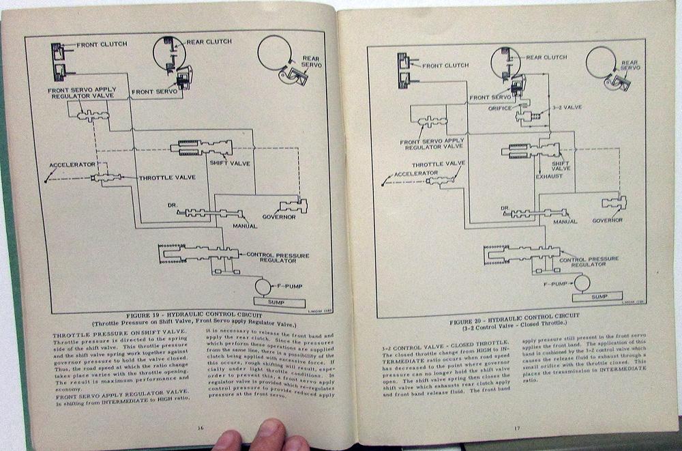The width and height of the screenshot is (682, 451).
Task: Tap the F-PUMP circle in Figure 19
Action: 263,285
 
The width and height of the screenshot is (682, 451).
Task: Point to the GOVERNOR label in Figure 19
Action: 279,217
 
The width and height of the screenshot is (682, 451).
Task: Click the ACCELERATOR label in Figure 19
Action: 68,165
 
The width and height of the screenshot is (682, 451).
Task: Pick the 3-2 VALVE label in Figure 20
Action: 564,108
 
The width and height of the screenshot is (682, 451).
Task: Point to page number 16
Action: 200,427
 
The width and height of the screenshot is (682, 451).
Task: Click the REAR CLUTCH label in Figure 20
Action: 548,58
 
